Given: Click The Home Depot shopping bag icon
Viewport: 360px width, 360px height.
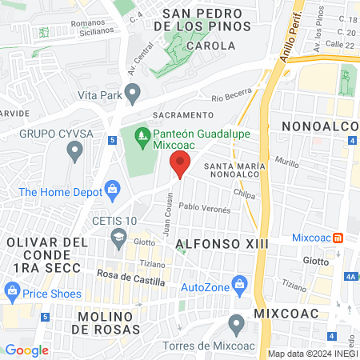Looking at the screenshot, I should (x=112, y=191).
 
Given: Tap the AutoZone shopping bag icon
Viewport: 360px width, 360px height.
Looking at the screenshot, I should (x=238, y=285).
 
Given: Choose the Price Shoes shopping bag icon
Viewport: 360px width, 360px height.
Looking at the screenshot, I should (x=11, y=293).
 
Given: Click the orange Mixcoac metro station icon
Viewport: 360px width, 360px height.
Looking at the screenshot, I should (x=338, y=238).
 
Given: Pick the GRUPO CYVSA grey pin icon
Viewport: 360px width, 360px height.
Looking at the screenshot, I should (x=74, y=150).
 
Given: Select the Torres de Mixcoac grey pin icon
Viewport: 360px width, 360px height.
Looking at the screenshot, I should (x=236, y=324).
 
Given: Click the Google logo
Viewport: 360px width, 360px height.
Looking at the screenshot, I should (x=26, y=350).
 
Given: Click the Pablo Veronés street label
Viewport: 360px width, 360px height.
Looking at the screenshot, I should (x=204, y=207).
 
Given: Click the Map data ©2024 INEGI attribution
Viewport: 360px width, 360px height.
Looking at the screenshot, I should (x=311, y=354).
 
